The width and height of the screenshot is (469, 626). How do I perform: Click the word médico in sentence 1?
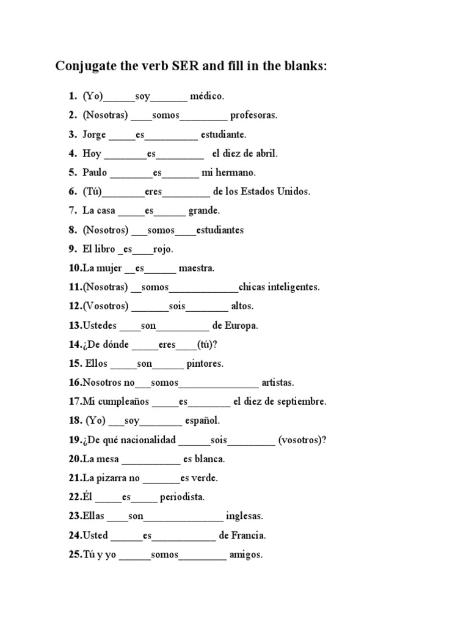click(x=207, y=96)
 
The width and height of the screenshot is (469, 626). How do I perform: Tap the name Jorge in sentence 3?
click(x=94, y=134)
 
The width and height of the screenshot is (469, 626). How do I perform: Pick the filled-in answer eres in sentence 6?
click(x=153, y=191)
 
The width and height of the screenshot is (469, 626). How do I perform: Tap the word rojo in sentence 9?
click(x=162, y=249)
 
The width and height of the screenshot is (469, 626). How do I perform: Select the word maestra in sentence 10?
click(x=198, y=268)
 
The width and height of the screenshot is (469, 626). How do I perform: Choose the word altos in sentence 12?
click(x=242, y=306)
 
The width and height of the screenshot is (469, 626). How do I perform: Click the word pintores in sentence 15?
click(x=205, y=364)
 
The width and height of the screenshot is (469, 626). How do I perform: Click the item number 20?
click(x=75, y=459)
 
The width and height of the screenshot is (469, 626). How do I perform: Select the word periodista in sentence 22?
click(x=182, y=497)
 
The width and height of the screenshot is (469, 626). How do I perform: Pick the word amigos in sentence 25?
click(x=245, y=555)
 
